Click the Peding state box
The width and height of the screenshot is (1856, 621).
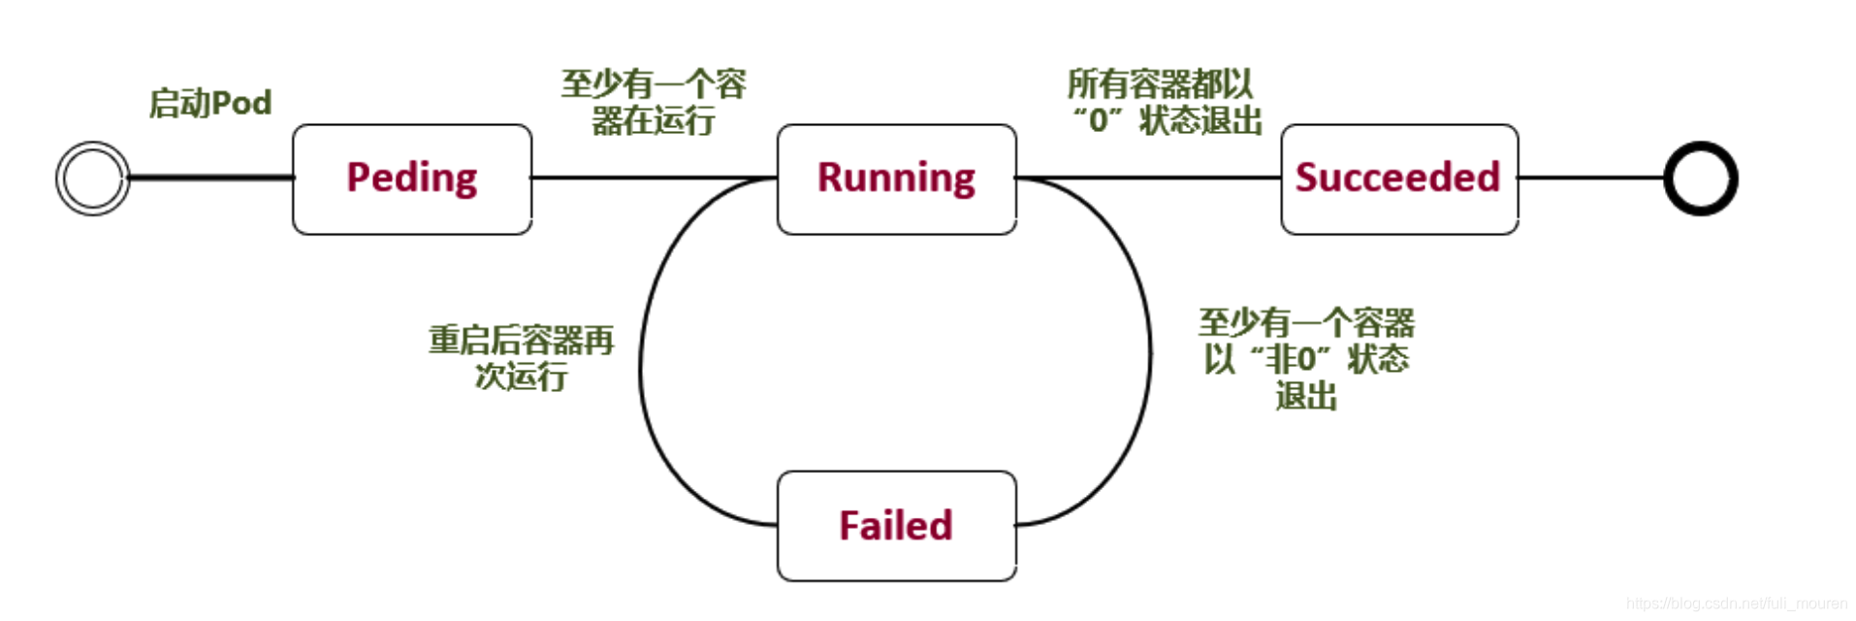click(412, 179)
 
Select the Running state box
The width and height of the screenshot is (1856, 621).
click(896, 179)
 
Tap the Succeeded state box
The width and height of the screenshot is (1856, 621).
click(1398, 179)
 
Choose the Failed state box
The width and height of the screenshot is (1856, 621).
click(896, 526)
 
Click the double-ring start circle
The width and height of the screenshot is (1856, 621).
click(92, 179)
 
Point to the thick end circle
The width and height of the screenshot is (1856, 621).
click(1700, 179)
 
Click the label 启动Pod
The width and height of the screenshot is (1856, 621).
click(209, 103)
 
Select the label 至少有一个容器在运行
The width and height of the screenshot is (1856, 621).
click(654, 102)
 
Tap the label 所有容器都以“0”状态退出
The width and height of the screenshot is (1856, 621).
click(1164, 102)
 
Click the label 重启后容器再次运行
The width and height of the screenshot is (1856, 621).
click(521, 357)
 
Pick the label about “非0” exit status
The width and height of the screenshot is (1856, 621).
click(1306, 358)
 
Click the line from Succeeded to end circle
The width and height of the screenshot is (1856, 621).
click(1590, 179)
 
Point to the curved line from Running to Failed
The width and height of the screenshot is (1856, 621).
click(1150, 354)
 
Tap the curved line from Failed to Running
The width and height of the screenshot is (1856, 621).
click(640, 369)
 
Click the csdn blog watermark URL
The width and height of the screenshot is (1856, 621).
click(1736, 604)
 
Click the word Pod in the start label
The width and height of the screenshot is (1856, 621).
click(240, 103)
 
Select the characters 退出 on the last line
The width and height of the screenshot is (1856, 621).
click(1306, 396)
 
